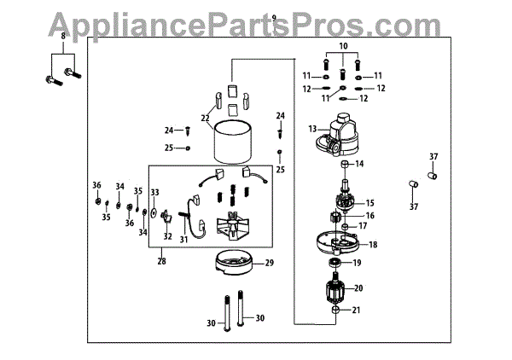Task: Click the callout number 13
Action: pos(312,129)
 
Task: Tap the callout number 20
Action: pos(358,288)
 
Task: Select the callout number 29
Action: pos(270,263)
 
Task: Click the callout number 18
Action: pos(372,244)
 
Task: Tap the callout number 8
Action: pos(61,34)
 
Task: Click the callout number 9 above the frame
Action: pos(273,17)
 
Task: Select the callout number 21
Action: pos(358,310)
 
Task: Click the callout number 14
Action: pos(359,163)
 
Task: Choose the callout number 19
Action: pos(358,263)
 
